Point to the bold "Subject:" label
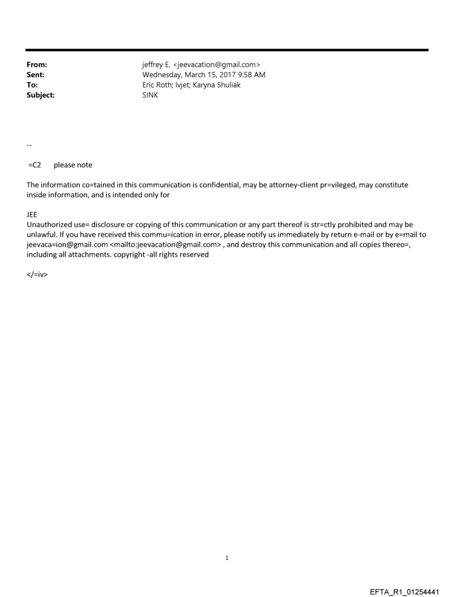point(40,95)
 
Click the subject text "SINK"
point(150,95)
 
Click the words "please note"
point(73,165)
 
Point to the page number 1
point(227,557)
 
